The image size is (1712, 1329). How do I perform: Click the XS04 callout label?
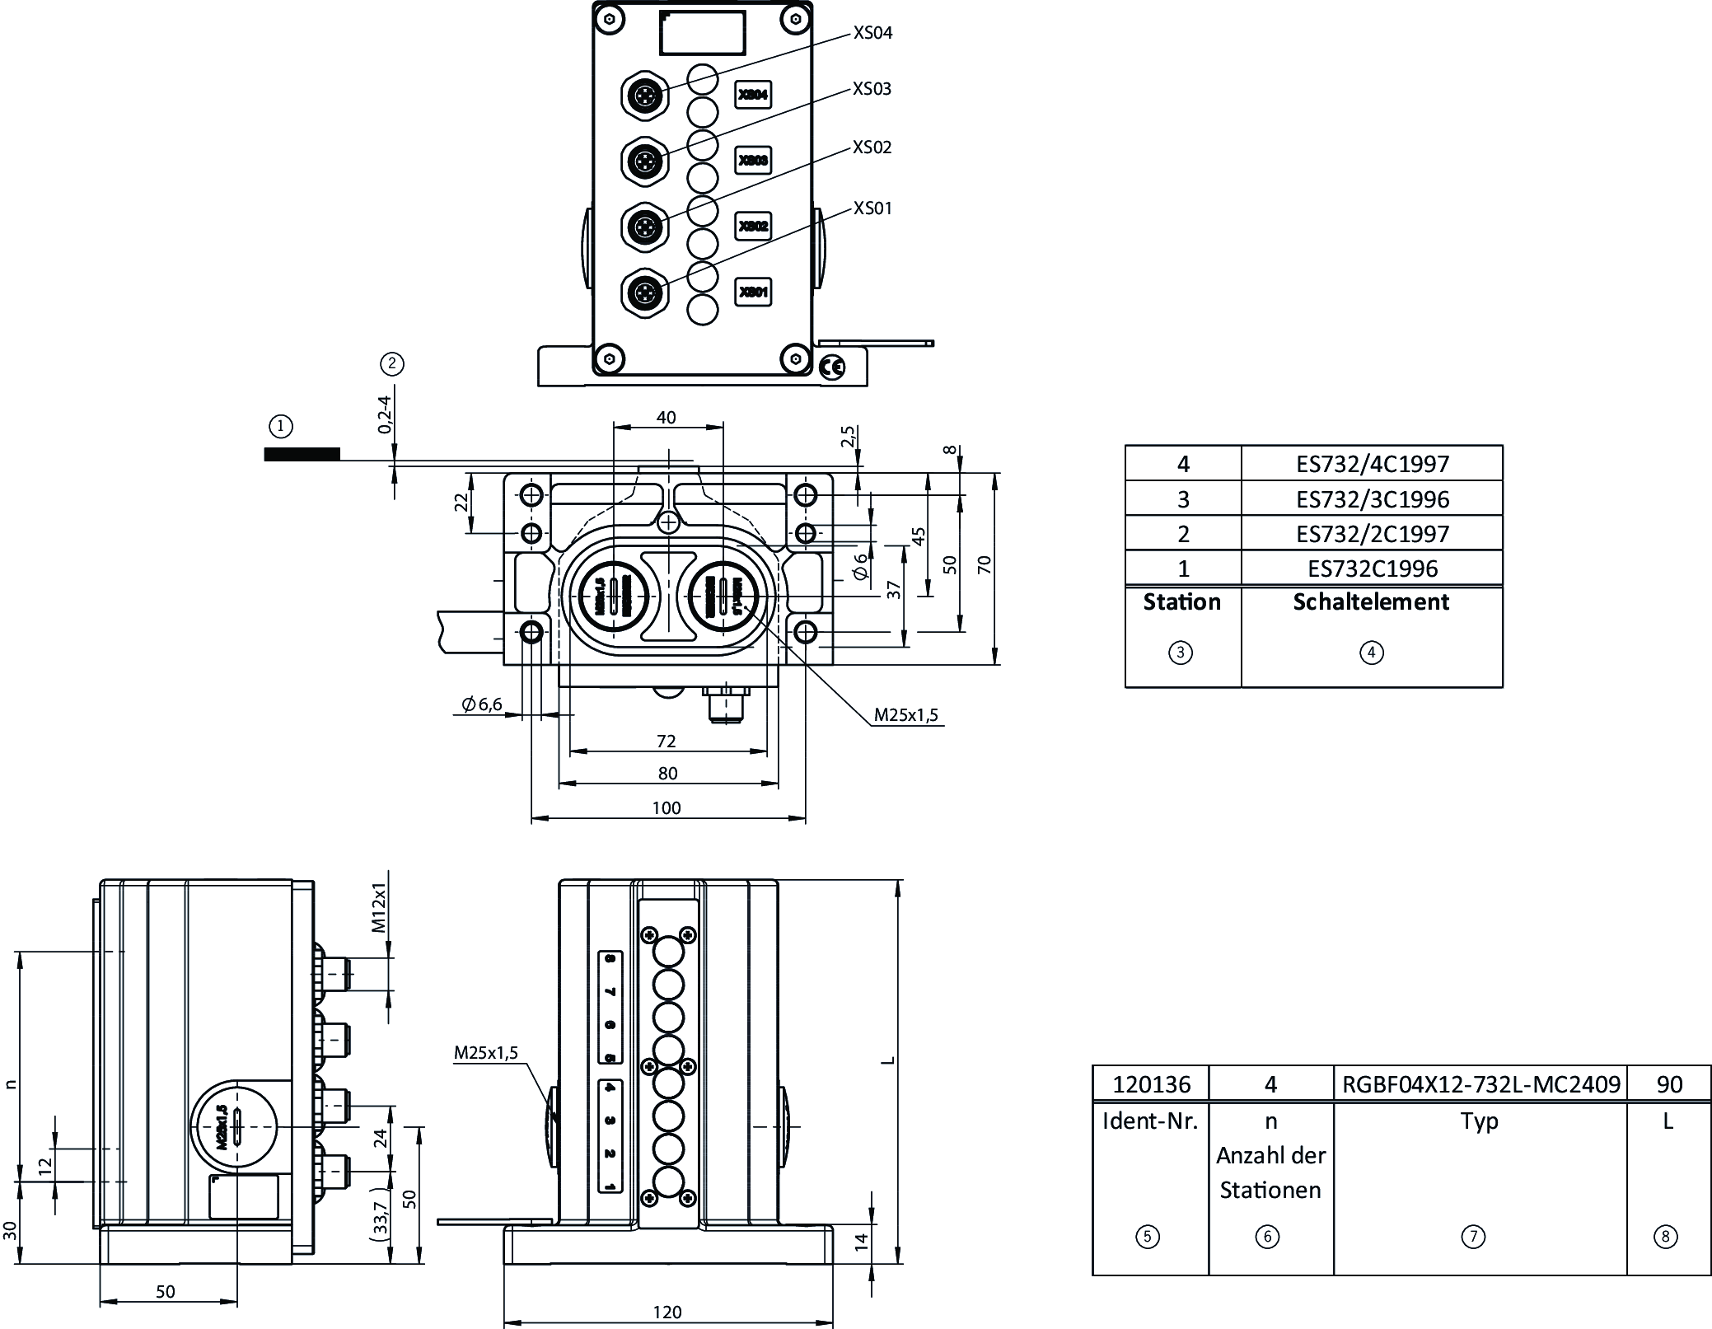pos(872,33)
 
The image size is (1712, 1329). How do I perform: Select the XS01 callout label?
pos(872,208)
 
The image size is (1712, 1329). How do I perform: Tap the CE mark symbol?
pos(833,367)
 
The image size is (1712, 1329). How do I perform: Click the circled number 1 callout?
pos(281,426)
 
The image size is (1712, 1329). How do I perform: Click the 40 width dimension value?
pos(666,418)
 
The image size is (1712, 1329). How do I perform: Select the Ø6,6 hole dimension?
pos(482,704)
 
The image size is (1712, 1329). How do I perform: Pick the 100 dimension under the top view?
pos(667,808)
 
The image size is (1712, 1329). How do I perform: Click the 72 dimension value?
pos(667,742)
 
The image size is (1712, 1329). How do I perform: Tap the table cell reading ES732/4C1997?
pos(1372,464)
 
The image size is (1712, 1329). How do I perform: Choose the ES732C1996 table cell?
pos(1372,569)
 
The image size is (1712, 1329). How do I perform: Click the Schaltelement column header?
pos(1371,602)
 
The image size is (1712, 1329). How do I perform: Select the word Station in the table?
pos(1181,602)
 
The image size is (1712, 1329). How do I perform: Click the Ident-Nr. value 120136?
pos(1151,1084)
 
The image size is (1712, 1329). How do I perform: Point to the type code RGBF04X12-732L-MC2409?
pos(1480,1084)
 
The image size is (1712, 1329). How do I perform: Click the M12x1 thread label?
pos(379,907)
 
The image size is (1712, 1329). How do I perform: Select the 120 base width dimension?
pos(667,1312)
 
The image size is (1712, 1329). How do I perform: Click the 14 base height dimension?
pos(862,1242)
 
